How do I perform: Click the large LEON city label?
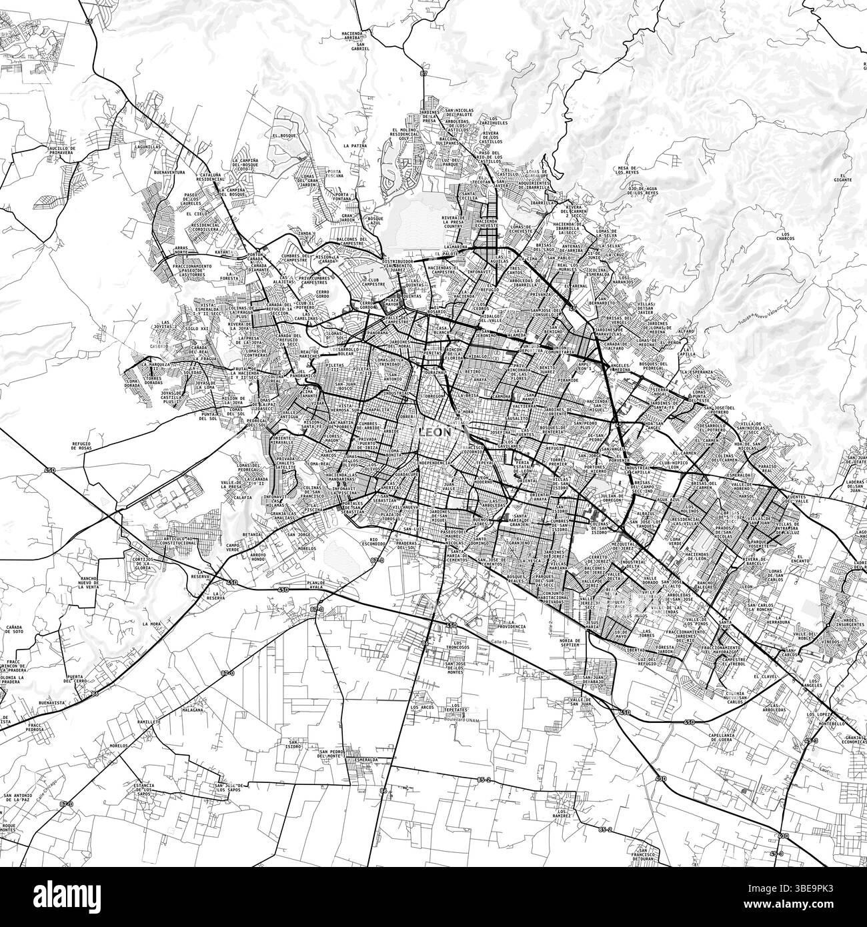(434, 432)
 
